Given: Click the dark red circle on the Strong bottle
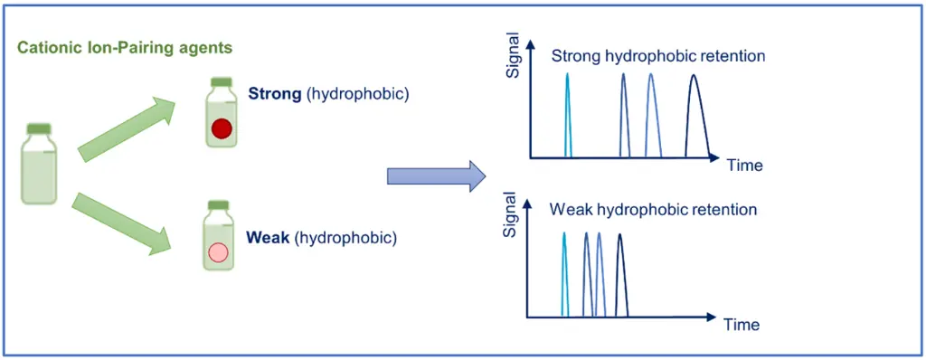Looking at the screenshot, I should (222, 130).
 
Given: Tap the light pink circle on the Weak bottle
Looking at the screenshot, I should (218, 253).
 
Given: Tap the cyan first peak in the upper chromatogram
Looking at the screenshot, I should (568, 115).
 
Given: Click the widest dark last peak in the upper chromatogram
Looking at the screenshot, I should (694, 115).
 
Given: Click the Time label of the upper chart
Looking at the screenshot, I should (744, 166).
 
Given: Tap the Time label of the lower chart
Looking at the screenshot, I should (740, 323).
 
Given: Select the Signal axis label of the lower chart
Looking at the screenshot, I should (509, 215).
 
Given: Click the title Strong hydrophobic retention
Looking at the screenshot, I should (658, 56).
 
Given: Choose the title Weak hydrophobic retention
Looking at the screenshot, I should (653, 210).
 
